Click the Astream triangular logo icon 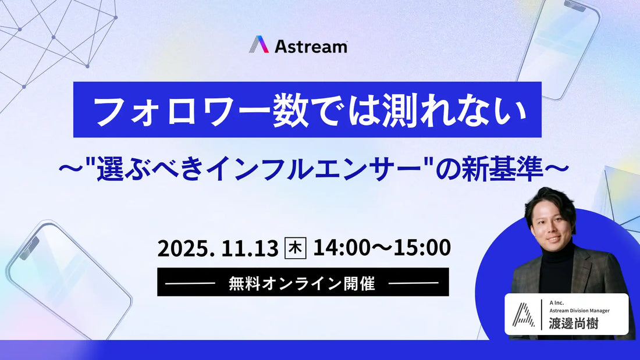pyautogui.click(x=259, y=45)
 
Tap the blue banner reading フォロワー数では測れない pyautogui.click(x=307, y=110)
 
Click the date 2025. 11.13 pyautogui.click(x=218, y=248)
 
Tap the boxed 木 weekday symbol pyautogui.click(x=295, y=248)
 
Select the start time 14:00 pyautogui.click(x=341, y=248)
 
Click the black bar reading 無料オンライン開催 pyautogui.click(x=303, y=283)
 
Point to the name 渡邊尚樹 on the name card pyautogui.click(x=573, y=324)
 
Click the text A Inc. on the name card pyautogui.click(x=556, y=302)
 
